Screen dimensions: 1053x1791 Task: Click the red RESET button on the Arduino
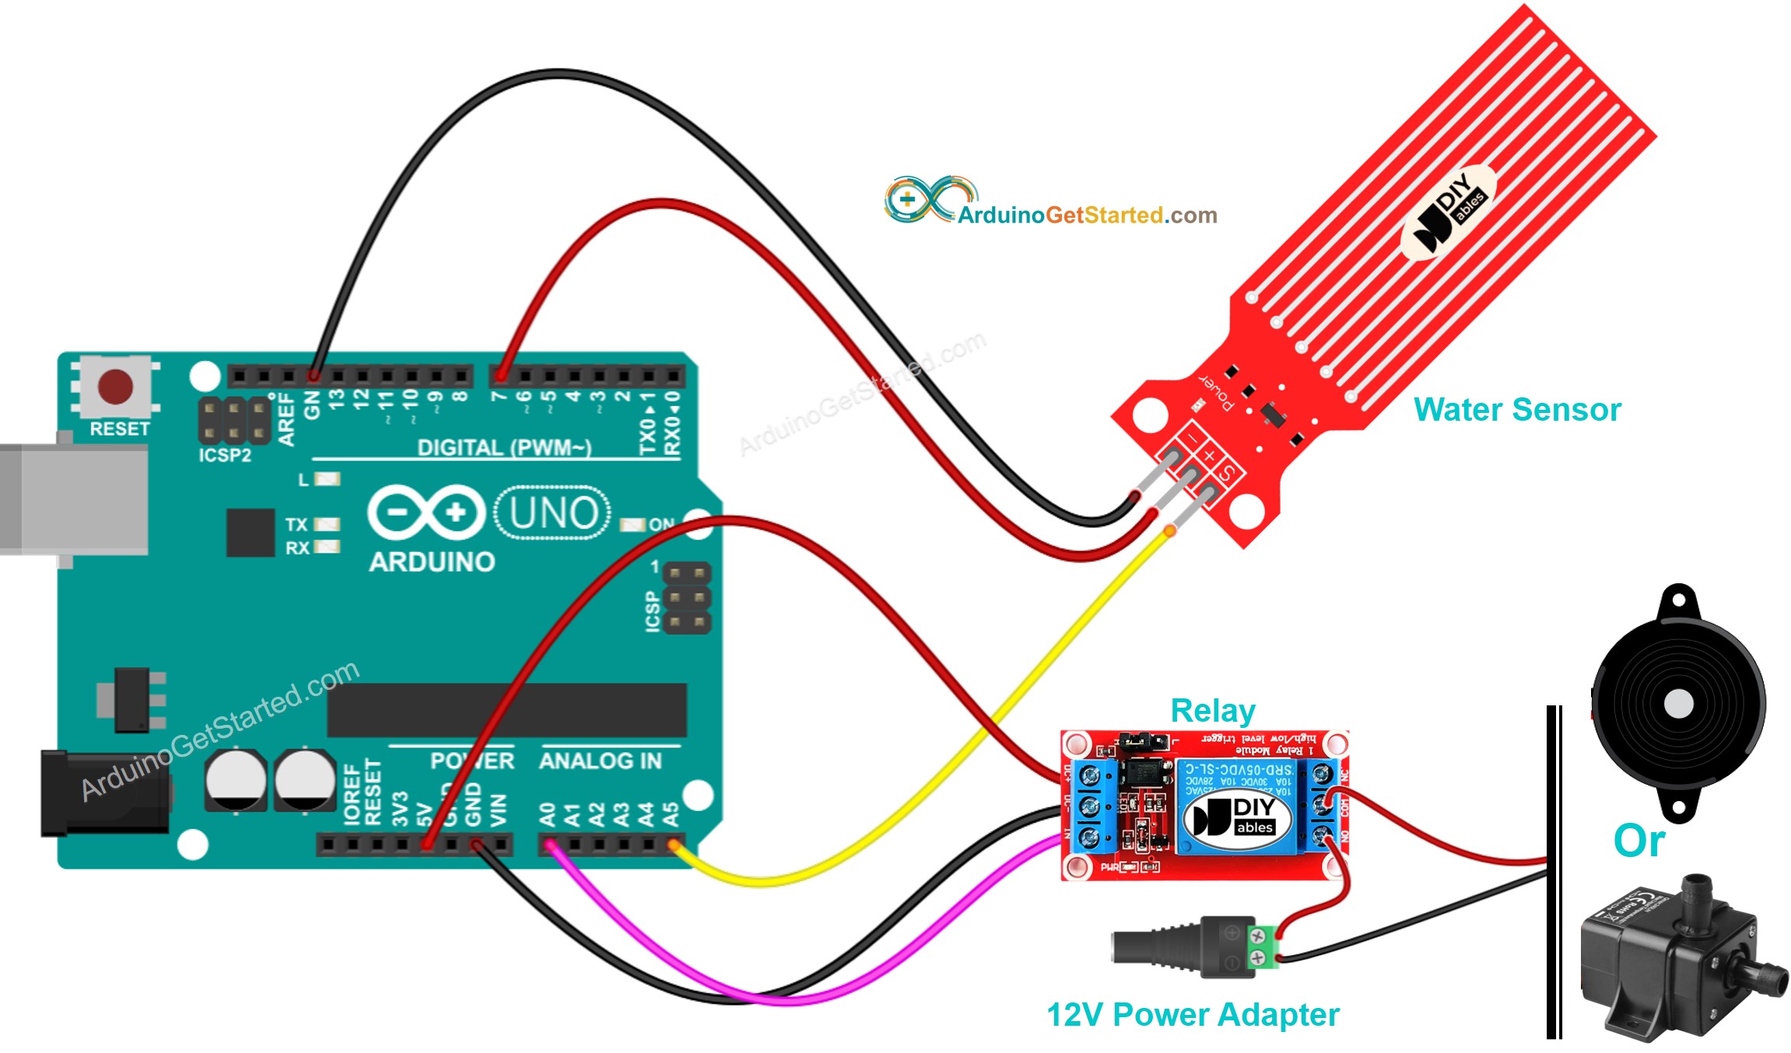click(x=115, y=387)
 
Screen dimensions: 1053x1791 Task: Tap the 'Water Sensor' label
click(x=1516, y=410)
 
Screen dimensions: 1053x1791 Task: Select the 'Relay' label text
click(x=1212, y=711)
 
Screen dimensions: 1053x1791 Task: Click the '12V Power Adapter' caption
click(x=1193, y=1015)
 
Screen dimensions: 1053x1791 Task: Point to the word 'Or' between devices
click(x=1639, y=841)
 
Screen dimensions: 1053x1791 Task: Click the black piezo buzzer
click(x=1678, y=703)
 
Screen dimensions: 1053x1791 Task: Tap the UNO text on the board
click(x=553, y=513)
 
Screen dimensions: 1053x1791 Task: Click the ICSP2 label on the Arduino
click(x=224, y=456)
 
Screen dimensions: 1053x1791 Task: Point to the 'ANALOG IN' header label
click(x=600, y=761)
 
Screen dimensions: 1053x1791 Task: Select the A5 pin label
click(x=670, y=814)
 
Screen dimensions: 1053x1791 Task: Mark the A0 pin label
click(x=548, y=814)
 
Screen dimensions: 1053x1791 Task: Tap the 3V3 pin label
click(x=400, y=809)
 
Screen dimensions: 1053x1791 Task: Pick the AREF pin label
click(x=286, y=420)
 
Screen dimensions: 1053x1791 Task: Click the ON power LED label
click(x=661, y=524)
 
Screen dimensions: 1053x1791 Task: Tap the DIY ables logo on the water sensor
click(x=1449, y=212)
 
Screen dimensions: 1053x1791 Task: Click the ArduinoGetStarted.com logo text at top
click(x=1086, y=215)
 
